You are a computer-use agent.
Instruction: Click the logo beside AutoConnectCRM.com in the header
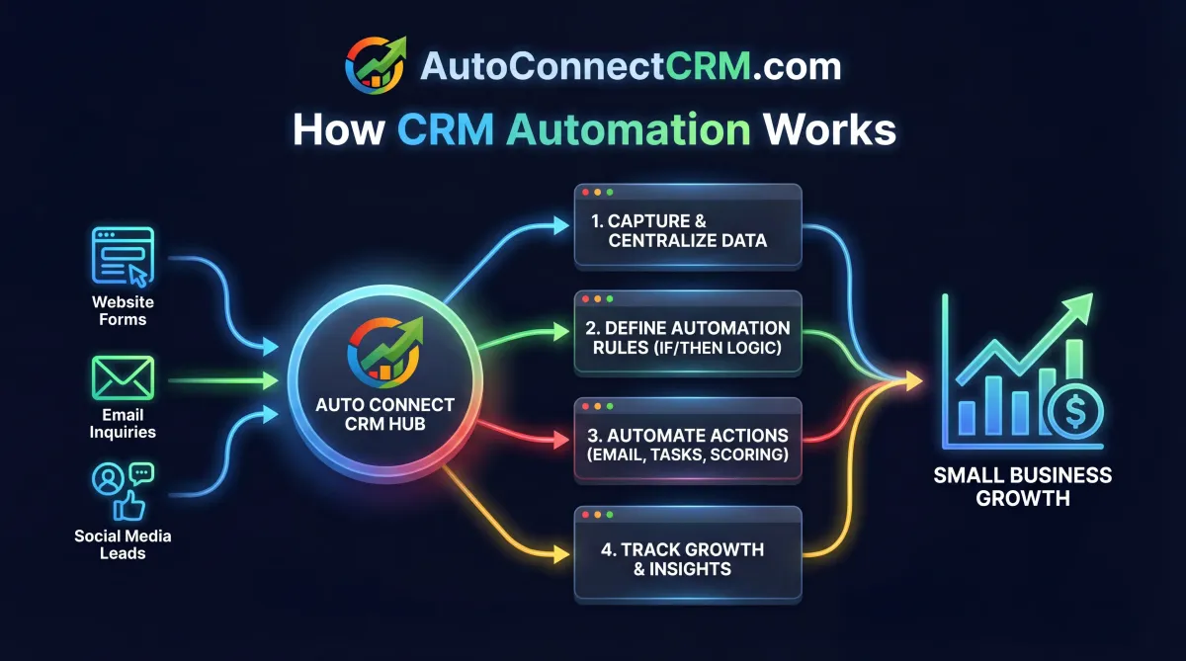(375, 65)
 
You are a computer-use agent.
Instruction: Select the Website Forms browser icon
(123, 256)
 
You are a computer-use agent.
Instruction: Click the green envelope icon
(123, 378)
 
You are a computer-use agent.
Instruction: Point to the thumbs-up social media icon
(129, 506)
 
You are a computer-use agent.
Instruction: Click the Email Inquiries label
(123, 424)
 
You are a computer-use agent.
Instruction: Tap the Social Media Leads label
(123, 544)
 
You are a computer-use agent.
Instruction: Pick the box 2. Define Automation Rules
(688, 339)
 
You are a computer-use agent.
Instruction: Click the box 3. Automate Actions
(688, 445)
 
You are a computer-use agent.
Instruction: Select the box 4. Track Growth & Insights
(688, 559)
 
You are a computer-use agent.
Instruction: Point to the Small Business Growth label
(1023, 486)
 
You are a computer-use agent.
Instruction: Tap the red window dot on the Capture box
(586, 191)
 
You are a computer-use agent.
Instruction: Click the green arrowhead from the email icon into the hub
(272, 380)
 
